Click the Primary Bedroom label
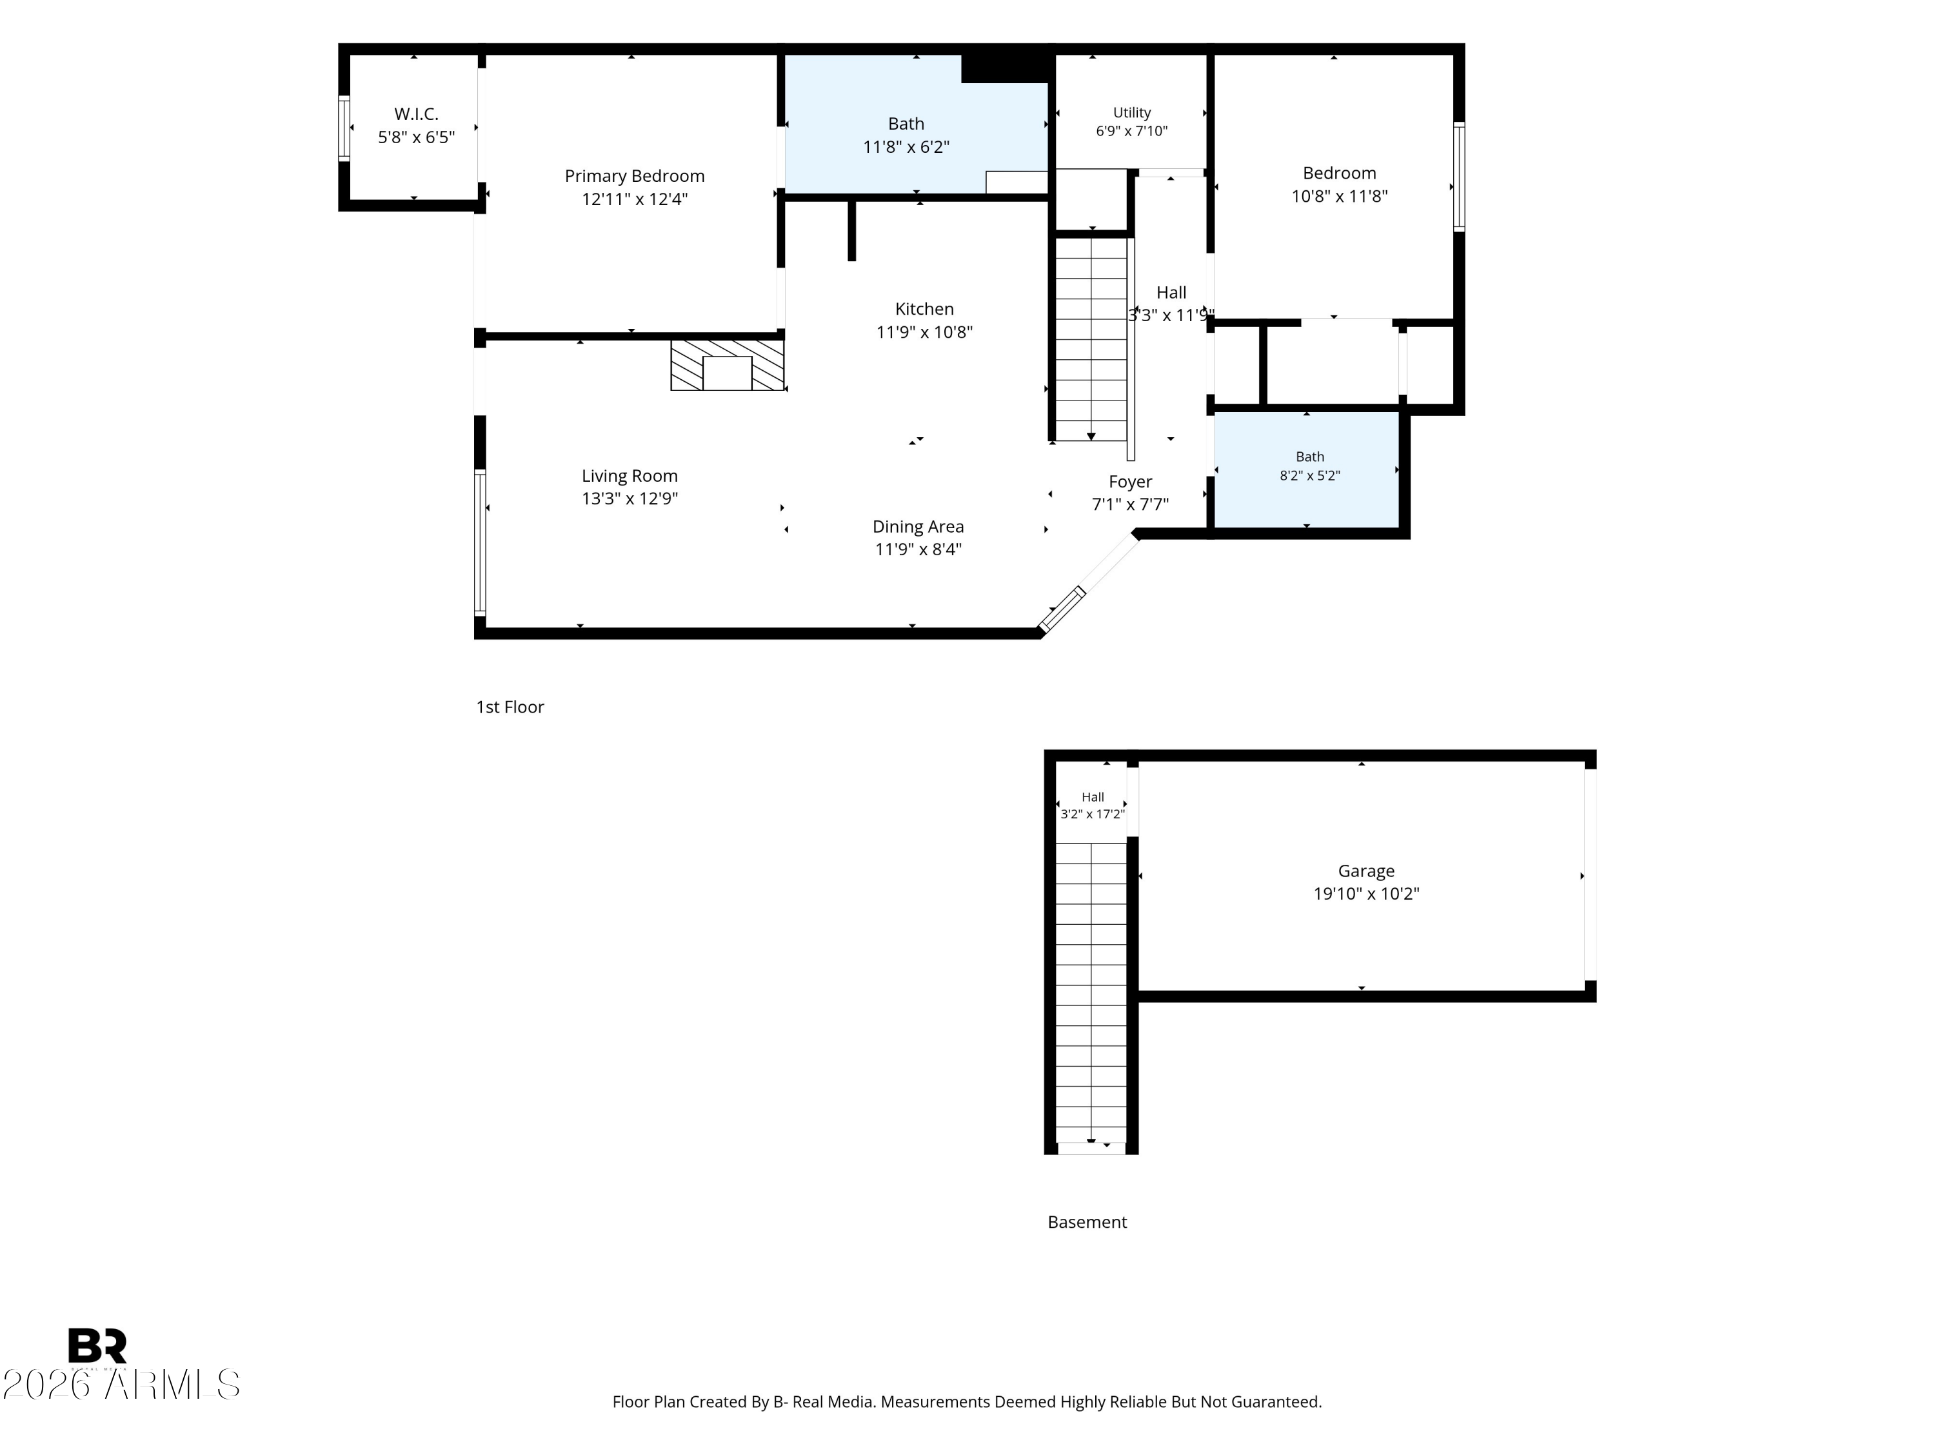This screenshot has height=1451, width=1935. click(634, 176)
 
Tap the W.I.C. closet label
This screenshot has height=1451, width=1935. click(417, 114)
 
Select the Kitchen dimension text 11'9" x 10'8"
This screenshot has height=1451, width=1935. click(925, 331)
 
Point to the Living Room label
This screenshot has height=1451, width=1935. click(630, 476)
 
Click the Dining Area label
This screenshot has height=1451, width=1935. click(918, 526)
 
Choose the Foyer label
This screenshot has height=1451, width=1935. click(1130, 482)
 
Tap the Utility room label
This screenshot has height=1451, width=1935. click(1132, 113)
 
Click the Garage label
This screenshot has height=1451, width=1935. click(1366, 871)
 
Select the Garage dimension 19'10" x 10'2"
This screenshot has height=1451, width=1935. click(1366, 894)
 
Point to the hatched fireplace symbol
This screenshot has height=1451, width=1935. click(727, 365)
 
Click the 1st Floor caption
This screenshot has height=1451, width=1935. click(510, 707)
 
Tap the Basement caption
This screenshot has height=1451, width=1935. click(1087, 1222)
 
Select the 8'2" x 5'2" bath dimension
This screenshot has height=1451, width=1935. click(1309, 476)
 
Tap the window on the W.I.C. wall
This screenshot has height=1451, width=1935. click(344, 128)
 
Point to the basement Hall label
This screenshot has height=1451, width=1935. click(1093, 797)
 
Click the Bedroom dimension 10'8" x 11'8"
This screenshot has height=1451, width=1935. click(1339, 196)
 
